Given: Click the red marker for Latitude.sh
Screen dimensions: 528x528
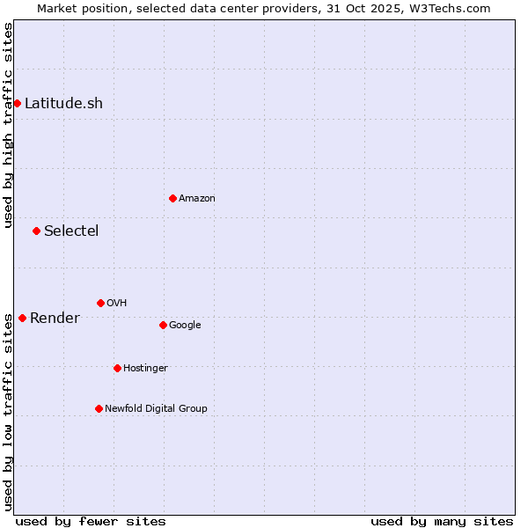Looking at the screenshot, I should (17, 103).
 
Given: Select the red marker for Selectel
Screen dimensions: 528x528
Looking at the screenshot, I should (36, 231).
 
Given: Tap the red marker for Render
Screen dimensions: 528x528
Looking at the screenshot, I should (22, 318).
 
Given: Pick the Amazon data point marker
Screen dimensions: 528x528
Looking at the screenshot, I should (172, 198).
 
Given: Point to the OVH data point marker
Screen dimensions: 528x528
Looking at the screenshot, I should (100, 303).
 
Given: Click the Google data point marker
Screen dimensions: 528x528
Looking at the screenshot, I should (163, 325).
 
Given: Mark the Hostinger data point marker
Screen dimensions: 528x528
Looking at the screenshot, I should (117, 368).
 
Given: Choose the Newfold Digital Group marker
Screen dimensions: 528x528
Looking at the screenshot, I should (99, 408).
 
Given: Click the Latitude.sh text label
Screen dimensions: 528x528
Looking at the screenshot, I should (63, 103).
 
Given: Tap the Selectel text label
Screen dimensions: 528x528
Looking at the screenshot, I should (71, 231).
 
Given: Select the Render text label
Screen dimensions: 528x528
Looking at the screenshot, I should (55, 318).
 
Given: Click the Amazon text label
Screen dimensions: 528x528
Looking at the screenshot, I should (197, 198).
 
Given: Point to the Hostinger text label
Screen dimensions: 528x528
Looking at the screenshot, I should (145, 368).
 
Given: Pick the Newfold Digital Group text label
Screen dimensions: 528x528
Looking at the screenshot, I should (156, 408).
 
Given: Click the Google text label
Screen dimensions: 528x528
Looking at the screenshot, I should (185, 325).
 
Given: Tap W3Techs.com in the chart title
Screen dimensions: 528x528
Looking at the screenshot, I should (455, 8).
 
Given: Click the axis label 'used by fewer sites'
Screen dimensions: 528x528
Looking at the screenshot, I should (91, 521).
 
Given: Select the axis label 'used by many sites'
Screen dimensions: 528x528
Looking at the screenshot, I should (442, 521).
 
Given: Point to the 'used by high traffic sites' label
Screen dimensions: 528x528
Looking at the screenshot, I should (8, 125).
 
